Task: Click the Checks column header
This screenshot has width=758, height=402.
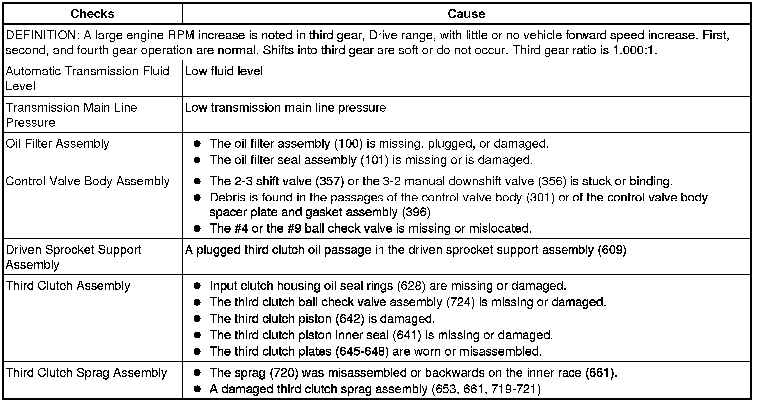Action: [x=93, y=14]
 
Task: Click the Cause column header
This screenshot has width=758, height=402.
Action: [x=466, y=14]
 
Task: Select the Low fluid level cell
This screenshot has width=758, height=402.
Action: [x=224, y=71]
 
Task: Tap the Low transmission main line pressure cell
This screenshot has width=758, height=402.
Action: [x=285, y=107]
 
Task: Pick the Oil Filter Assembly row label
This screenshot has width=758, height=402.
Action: [x=57, y=144]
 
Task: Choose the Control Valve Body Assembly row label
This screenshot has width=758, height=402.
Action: [x=88, y=181]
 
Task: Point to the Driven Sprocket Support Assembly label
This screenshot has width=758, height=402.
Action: [x=74, y=257]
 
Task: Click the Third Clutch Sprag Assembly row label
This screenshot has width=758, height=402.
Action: [x=86, y=373]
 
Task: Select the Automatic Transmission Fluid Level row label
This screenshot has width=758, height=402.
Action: [x=87, y=78]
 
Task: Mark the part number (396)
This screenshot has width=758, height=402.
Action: [x=416, y=212]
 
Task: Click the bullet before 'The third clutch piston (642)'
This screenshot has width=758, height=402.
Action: [x=197, y=318]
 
